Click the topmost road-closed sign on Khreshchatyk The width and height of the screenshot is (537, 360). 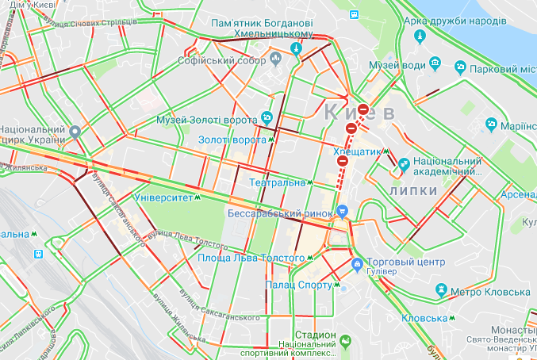coord(362,110)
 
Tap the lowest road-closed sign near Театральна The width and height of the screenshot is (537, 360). coord(343,161)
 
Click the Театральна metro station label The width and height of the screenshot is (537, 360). coord(277,182)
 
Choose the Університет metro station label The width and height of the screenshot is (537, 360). coord(164,197)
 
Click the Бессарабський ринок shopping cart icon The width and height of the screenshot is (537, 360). coord(343,212)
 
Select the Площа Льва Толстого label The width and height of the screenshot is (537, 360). coord(251,259)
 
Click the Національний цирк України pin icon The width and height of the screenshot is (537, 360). coord(75,132)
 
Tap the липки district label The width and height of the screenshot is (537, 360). coord(413,191)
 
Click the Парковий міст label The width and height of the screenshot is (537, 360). coord(492,69)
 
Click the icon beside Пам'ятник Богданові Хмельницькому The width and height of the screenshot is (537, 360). coord(297,48)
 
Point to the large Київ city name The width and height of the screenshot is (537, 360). coord(359,112)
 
